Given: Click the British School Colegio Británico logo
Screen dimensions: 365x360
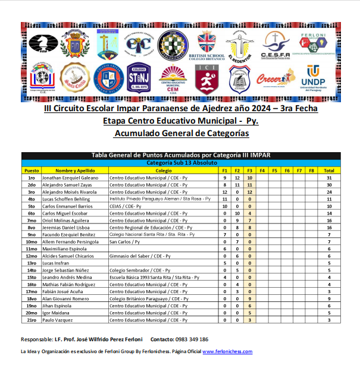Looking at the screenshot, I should tap(207, 45).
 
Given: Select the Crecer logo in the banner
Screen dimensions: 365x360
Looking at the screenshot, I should tap(276, 77).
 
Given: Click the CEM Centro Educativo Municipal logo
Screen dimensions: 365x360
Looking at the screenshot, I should tap(173, 77).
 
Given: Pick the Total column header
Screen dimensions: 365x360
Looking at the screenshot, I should tap(328, 171).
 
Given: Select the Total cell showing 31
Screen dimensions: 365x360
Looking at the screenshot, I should tap(328, 178).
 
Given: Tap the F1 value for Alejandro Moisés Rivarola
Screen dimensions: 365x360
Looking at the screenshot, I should tap(225, 192).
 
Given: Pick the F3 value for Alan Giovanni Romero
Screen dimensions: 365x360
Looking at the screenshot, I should tap(250, 299).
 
